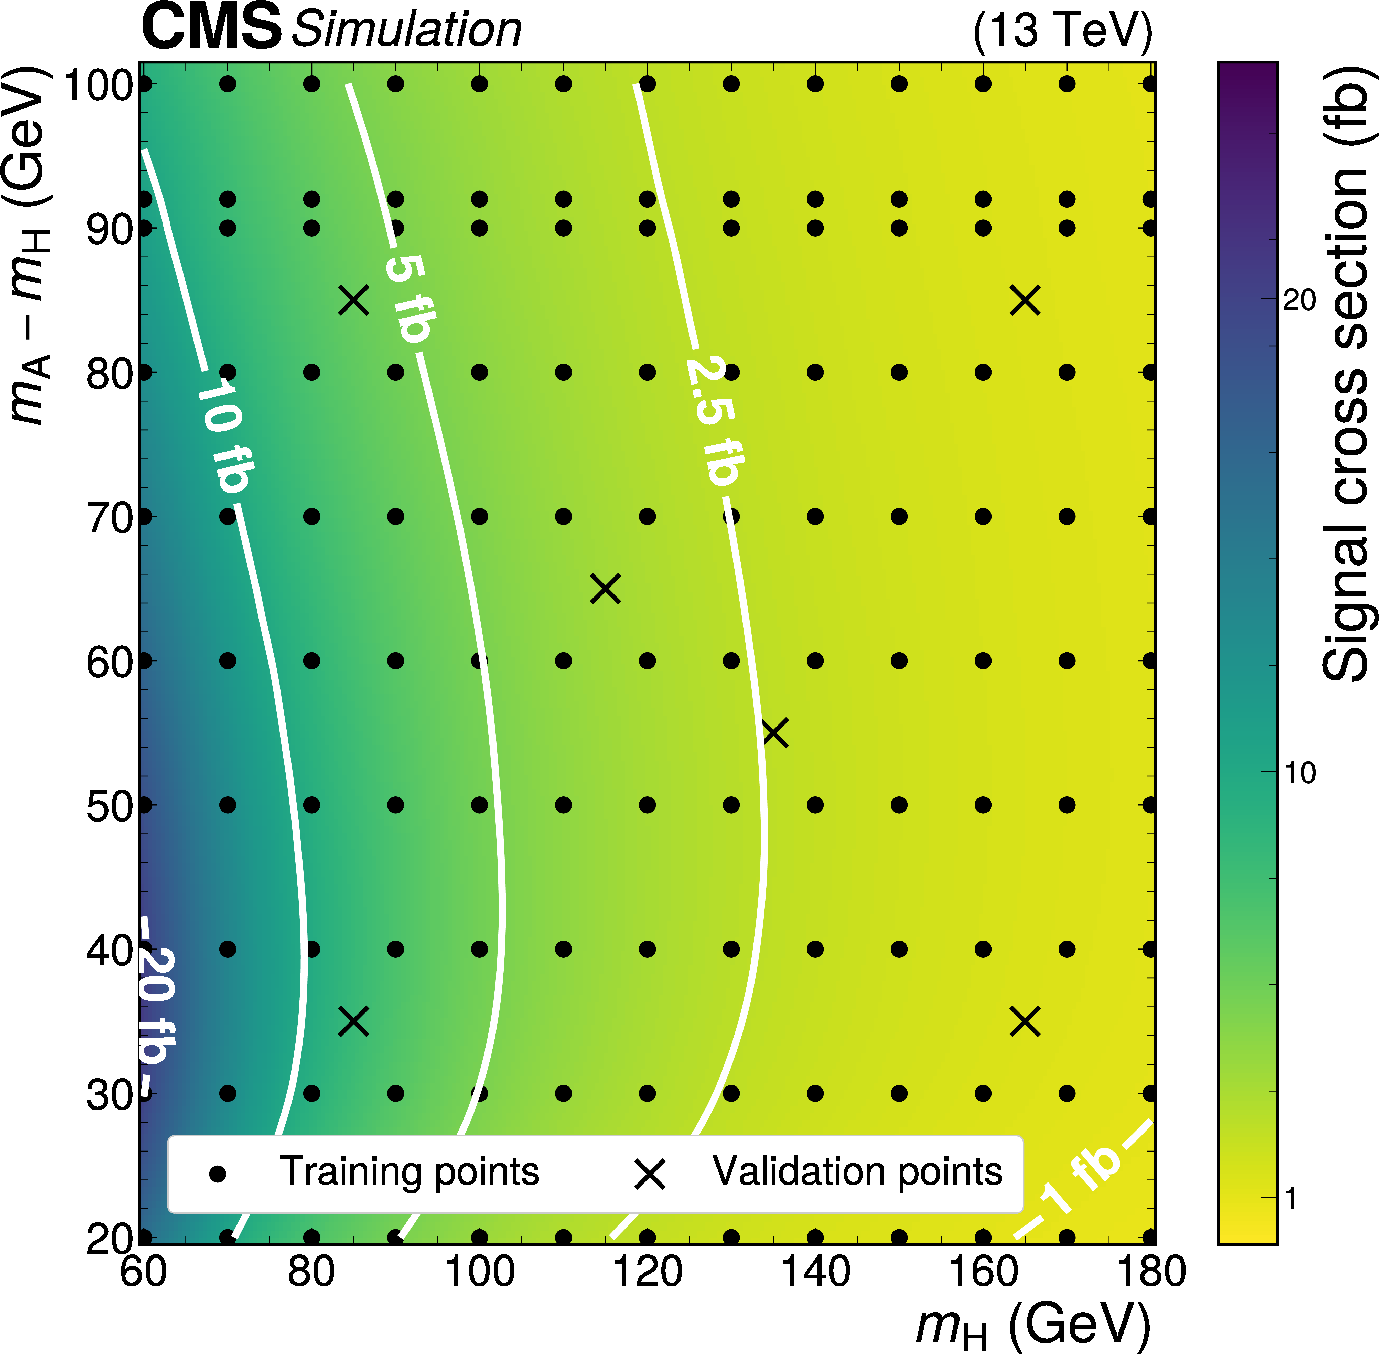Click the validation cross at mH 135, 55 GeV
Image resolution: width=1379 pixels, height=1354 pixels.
tap(775, 732)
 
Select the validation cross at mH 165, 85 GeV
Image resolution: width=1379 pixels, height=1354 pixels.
tap(1025, 300)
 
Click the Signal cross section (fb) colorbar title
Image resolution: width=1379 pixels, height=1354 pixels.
tap(1345, 373)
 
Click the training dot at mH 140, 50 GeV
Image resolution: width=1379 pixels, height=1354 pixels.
tap(815, 805)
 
